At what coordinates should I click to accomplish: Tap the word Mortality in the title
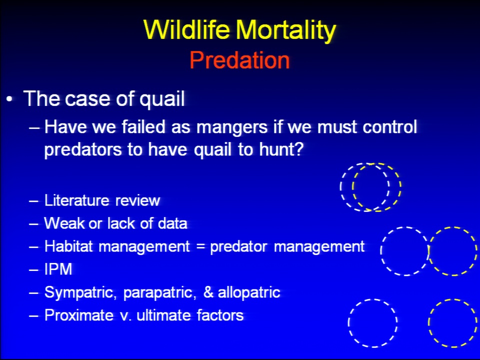tap(286, 30)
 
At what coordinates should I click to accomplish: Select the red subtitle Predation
tap(239, 59)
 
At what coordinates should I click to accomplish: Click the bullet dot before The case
tap(10, 99)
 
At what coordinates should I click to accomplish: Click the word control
tap(389, 126)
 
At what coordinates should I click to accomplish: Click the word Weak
tap(64, 223)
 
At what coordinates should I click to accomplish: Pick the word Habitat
tap(68, 246)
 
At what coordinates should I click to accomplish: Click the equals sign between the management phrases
tap(200, 246)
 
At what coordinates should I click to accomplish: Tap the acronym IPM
tap(58, 269)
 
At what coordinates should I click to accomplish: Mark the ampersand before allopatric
tap(208, 292)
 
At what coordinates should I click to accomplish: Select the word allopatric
tap(249, 292)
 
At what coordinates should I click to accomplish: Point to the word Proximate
tap(79, 315)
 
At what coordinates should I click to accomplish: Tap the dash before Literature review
tap(33, 201)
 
